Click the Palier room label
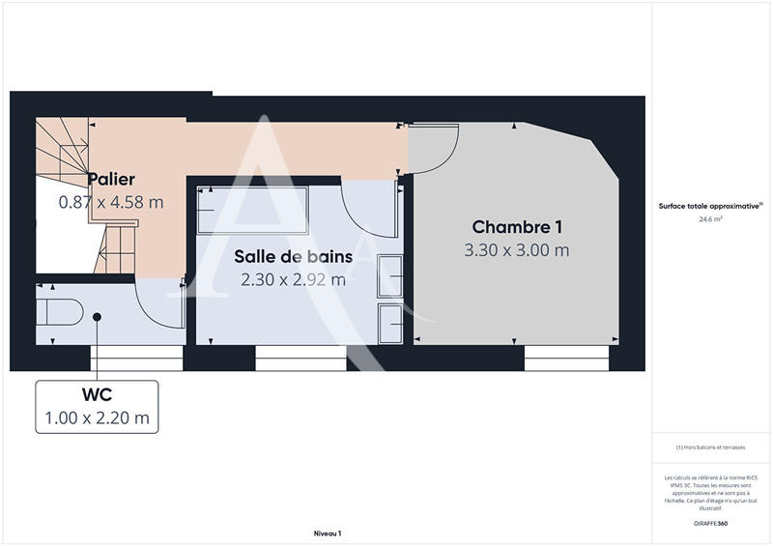coord(111,180)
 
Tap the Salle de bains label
coord(289,257)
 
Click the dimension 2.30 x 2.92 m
coord(294,280)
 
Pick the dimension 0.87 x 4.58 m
coord(111,202)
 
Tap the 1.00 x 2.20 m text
coord(96,418)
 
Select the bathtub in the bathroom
coord(252,210)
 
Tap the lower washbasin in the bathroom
coord(391,321)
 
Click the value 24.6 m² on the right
coord(711,219)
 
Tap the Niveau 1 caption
coord(328,533)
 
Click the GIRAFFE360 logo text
coord(711,523)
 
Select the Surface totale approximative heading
coord(711,206)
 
